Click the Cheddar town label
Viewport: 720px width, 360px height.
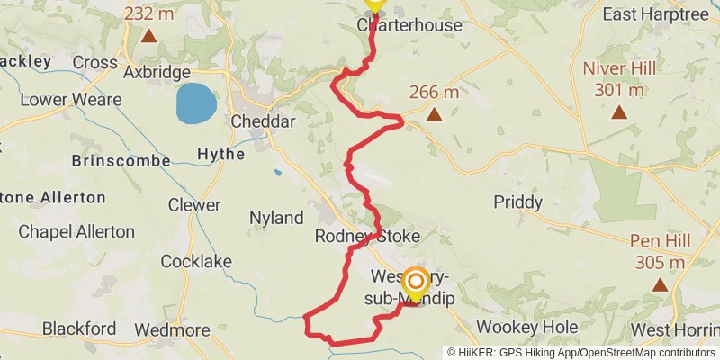[x=264, y=121]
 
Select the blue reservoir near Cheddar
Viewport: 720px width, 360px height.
[x=195, y=103]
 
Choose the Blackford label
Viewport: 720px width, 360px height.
[x=79, y=327]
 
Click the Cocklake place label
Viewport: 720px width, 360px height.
[x=196, y=261]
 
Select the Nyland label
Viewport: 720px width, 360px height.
[x=276, y=218]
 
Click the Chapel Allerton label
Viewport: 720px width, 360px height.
[x=76, y=231]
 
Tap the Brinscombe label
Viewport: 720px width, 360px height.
[x=121, y=160]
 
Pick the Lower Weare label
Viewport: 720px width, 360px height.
[x=70, y=99]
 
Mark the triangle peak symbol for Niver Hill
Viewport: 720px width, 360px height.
[x=619, y=112]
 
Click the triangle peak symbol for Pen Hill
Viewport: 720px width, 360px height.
[x=661, y=284]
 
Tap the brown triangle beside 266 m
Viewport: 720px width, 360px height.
[x=435, y=114]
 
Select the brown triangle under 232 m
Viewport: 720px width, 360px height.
[x=148, y=38]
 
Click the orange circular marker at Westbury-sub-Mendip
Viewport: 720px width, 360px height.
[x=416, y=283]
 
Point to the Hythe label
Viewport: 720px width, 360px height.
[x=220, y=155]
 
